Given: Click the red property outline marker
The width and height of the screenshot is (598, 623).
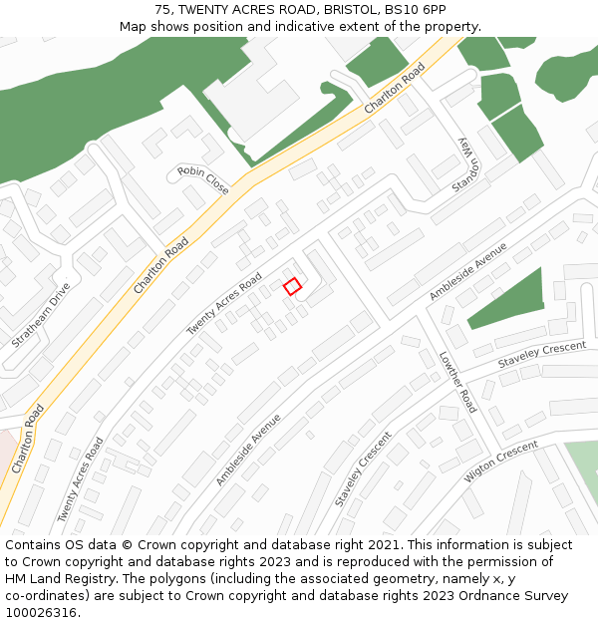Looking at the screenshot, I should click(x=292, y=286).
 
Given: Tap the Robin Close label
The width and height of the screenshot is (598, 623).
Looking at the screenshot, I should click(x=203, y=179).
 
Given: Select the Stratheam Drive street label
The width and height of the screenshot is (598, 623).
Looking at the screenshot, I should click(x=41, y=315).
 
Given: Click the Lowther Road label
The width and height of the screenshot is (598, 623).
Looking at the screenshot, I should click(x=457, y=382).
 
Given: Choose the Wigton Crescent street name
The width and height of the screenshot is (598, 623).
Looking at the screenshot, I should click(x=500, y=463).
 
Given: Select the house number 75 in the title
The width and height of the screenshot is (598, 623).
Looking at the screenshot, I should click(x=163, y=10).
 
